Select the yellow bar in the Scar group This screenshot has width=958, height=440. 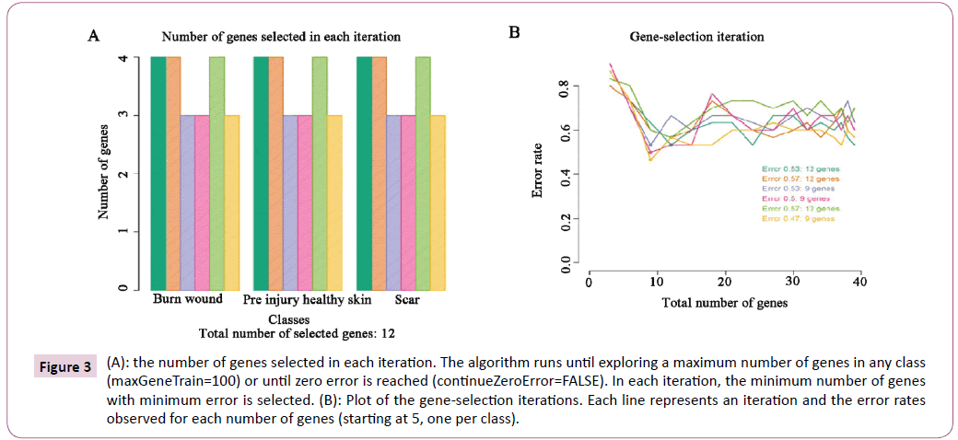point(438,203)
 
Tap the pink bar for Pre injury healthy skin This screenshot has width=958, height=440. point(305,203)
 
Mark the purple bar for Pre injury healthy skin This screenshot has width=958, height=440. point(290,203)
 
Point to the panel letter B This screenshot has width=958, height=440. point(515,33)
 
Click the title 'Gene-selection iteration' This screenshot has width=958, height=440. point(696,38)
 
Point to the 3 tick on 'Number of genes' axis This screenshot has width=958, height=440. point(135,115)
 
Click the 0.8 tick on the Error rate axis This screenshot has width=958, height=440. point(565,87)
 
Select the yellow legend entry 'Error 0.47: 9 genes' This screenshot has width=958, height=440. point(799,219)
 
